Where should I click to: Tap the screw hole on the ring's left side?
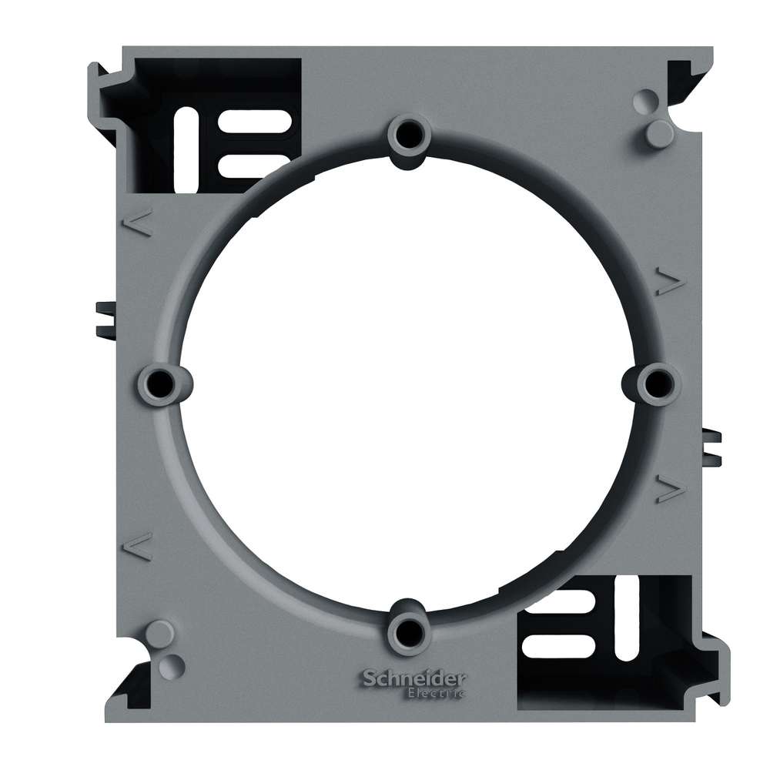coord(159,383)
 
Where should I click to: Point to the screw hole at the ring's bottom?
coord(406,631)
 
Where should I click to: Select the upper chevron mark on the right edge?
coord(670,283)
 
